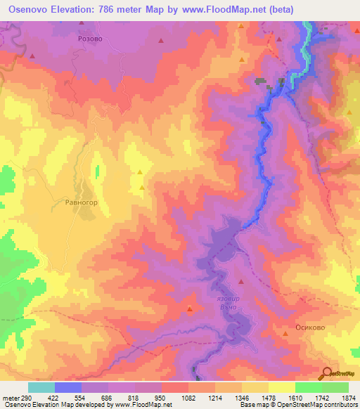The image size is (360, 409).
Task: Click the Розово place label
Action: (x=90, y=40)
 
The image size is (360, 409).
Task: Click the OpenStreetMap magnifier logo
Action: (x=328, y=374)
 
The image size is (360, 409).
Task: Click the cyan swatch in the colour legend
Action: (x=41, y=387)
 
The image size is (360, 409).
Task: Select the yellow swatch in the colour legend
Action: (x=282, y=387)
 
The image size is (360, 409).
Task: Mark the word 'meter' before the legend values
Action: (x=12, y=397)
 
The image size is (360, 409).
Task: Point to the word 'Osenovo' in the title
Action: (x=27, y=9)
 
